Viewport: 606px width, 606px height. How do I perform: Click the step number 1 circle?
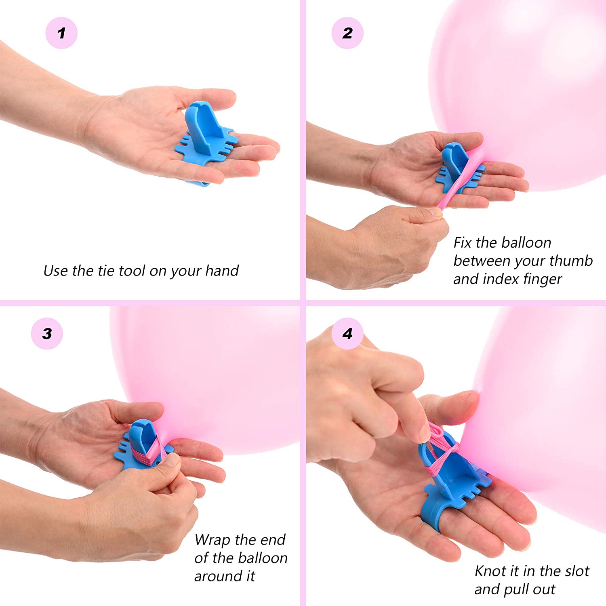click(61, 33)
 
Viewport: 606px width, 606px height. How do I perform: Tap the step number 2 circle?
click(347, 33)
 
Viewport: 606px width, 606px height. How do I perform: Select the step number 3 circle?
click(47, 334)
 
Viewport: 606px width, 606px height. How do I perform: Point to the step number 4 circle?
click(347, 334)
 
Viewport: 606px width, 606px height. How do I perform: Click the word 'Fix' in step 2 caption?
click(462, 243)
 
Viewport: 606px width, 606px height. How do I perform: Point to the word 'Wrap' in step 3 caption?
click(212, 540)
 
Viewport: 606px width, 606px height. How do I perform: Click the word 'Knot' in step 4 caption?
click(490, 571)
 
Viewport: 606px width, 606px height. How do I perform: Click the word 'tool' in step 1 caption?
click(132, 271)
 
